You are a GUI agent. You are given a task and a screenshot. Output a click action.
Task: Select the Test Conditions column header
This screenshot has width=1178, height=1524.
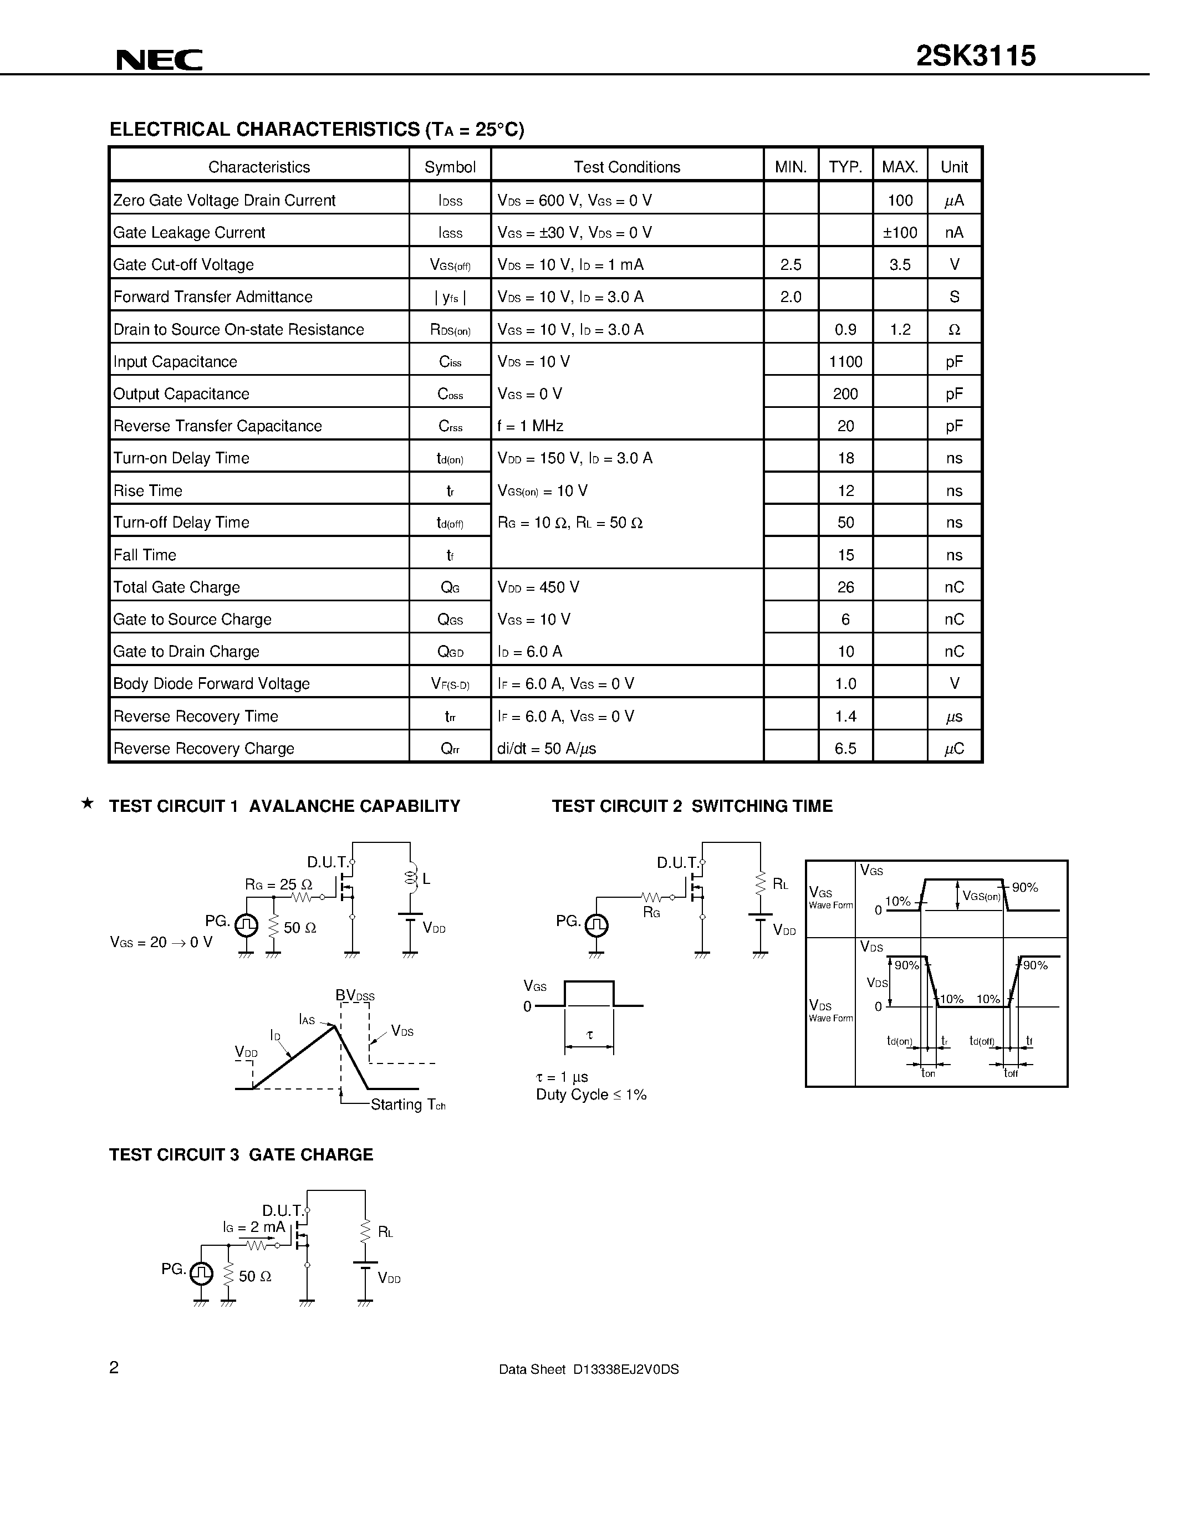pos(626,167)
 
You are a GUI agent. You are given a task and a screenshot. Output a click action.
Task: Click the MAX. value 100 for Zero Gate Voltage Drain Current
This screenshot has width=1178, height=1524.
pos(900,200)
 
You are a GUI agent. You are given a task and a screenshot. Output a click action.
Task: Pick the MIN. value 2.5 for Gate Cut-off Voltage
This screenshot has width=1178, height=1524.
pos(791,264)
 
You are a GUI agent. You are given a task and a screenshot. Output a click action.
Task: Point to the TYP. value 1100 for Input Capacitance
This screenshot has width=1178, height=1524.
pos(845,361)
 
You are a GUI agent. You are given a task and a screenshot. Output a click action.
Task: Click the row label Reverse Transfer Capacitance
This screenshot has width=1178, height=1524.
pos(218,426)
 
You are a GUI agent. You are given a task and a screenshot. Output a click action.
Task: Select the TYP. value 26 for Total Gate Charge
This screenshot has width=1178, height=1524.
pos(845,587)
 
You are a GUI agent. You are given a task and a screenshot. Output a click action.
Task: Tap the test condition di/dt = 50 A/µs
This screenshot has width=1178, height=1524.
pos(547,748)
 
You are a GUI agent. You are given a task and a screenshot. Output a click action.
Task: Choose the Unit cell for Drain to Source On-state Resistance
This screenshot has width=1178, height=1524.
pos(954,329)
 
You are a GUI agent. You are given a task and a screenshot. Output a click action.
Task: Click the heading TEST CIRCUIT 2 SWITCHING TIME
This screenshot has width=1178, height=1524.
pos(692,806)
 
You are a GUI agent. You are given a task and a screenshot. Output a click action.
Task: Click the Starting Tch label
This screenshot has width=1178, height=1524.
pos(407,1104)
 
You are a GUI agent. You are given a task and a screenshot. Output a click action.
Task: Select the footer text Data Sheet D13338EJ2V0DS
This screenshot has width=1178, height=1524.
pos(588,1369)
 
